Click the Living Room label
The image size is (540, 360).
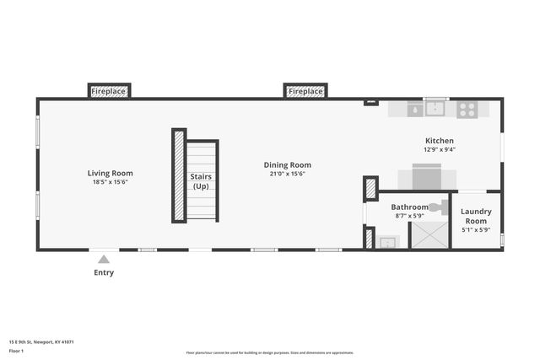[110, 173]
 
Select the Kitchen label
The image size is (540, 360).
[440, 141]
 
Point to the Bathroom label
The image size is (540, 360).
[409, 207]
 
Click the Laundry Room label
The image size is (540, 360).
[476, 215]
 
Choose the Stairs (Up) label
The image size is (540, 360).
[202, 181]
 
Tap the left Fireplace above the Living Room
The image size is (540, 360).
[109, 90]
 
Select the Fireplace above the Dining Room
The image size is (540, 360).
[305, 90]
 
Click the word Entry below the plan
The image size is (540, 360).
[104, 272]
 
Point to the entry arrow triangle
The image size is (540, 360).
[104, 260]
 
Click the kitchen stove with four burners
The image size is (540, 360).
[467, 109]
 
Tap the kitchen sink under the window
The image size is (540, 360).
[436, 109]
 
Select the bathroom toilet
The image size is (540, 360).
[436, 207]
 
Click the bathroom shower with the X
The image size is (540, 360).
[429, 234]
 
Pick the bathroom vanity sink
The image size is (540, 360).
[386, 242]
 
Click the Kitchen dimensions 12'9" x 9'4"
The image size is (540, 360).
[440, 150]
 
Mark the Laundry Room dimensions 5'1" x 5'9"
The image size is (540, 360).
[476, 230]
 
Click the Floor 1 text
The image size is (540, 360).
[16, 350]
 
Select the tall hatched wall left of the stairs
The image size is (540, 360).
[179, 175]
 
